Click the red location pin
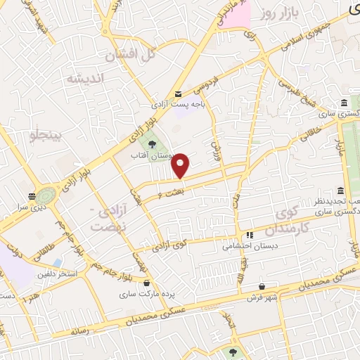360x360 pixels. [181, 165]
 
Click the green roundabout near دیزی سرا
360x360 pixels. [46, 195]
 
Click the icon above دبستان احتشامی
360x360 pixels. [249, 236]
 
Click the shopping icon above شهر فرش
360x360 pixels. [262, 287]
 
